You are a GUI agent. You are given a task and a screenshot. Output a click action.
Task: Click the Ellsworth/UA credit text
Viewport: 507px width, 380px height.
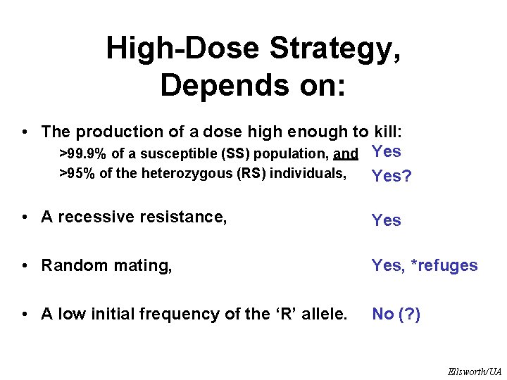point(474,371)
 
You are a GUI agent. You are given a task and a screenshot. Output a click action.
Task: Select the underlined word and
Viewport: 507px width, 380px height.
point(346,153)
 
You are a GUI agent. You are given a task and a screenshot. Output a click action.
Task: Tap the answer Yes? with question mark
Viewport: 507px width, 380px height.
point(392,176)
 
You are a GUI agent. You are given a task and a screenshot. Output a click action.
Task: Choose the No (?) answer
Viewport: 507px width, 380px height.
point(396,315)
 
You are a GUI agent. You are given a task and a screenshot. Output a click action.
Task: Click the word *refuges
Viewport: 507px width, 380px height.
point(445,265)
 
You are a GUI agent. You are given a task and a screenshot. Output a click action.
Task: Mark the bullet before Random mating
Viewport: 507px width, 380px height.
point(25,265)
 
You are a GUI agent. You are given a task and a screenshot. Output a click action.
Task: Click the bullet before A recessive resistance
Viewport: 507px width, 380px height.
point(25,217)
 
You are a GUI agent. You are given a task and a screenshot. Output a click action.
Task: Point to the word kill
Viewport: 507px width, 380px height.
point(389,132)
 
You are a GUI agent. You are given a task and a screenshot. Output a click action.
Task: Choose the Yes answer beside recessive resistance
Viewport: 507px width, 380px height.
point(387,220)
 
